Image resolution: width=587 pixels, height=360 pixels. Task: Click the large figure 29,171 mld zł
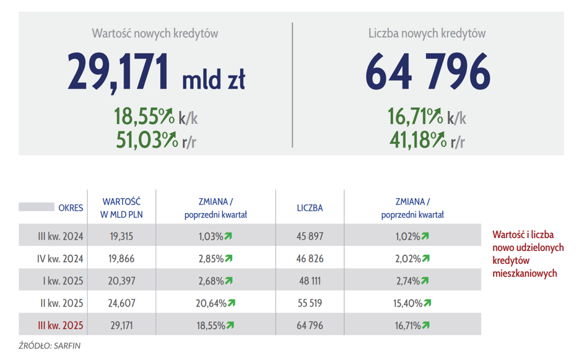[156, 72]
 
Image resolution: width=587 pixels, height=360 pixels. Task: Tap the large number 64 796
[427, 72]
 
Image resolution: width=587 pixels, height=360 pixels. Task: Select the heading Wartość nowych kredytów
[155, 33]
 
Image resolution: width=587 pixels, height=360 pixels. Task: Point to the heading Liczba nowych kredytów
[427, 33]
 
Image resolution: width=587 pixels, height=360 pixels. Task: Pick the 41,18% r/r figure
[427, 140]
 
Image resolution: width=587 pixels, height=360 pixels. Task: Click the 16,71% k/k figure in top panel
[427, 116]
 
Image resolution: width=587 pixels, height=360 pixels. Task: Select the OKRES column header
[71, 208]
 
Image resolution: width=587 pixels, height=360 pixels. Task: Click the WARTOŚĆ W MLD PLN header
[121, 208]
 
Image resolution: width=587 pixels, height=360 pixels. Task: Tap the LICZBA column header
[310, 208]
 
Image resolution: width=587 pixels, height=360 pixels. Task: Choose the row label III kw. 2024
[60, 236]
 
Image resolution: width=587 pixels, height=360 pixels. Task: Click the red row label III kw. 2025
[60, 325]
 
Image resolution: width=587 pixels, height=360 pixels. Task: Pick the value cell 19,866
[121, 258]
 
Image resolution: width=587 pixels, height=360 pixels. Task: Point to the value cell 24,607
[121, 303]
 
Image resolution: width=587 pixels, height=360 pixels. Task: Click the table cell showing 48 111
[310, 281]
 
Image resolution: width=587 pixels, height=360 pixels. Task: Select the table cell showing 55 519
[310, 303]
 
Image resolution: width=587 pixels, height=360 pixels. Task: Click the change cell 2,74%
[412, 281]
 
